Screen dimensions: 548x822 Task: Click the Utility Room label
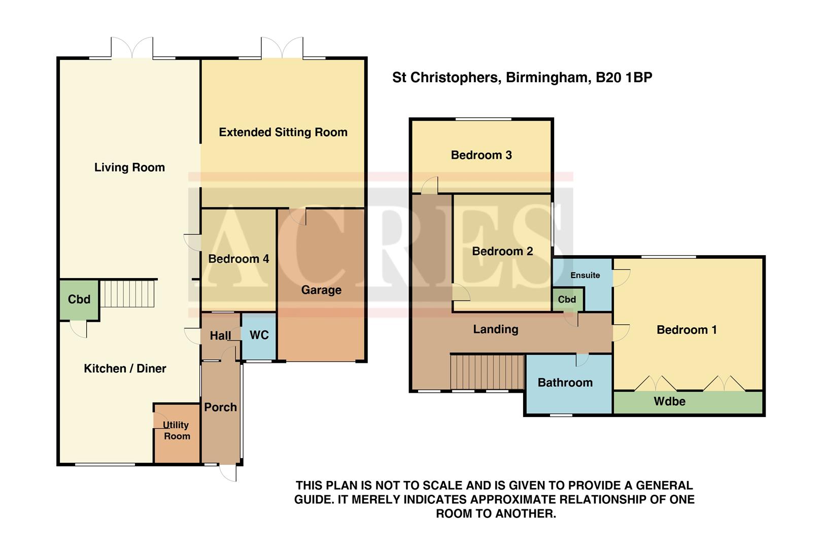176,430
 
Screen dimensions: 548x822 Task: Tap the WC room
259,335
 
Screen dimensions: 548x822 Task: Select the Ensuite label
585,275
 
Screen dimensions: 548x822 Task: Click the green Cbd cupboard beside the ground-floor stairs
79,299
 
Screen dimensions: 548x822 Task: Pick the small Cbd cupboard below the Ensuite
567,299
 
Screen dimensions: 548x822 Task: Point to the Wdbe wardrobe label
669,401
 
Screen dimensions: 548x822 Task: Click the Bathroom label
565,383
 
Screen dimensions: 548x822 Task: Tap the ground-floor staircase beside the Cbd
127,294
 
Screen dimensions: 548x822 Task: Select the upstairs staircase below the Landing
487,372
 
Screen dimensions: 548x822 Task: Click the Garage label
321,290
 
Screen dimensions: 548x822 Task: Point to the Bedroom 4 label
238,259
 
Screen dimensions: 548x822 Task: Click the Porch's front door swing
228,473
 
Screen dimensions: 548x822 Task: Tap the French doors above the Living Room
132,48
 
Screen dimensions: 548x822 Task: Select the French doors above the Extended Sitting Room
282,48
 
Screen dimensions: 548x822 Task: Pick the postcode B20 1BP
624,78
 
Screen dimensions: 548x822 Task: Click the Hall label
220,335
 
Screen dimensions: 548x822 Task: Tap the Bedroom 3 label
481,155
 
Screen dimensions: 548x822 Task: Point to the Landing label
495,329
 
